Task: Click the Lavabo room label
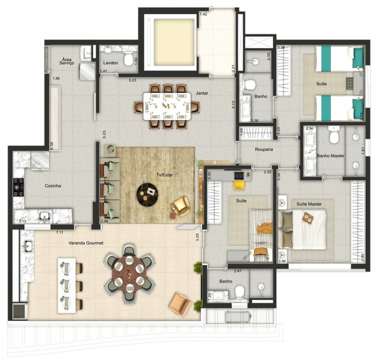111,63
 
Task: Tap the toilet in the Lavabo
128,58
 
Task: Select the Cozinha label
53,186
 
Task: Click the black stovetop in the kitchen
19,187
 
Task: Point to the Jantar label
202,93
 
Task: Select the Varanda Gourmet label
86,243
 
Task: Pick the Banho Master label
331,156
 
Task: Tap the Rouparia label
264,149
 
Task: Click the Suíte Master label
309,204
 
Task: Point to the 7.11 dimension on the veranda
59,232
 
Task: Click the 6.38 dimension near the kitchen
52,146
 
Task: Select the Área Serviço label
68,61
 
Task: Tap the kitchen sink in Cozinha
45,217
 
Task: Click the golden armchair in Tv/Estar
180,207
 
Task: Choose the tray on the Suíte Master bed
308,217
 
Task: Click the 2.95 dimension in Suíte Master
362,257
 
